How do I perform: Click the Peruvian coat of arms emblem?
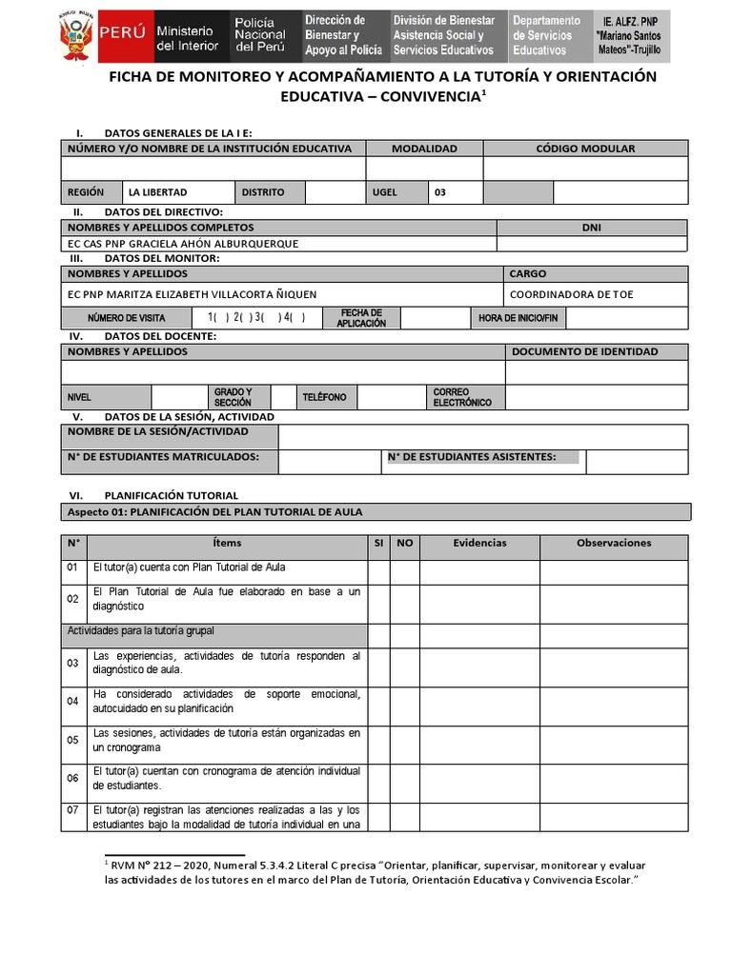[75, 35]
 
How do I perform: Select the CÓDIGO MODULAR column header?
[584, 149]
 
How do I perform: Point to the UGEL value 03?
[440, 192]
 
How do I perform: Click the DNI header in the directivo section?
[591, 228]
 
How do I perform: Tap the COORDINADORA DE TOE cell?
[571, 294]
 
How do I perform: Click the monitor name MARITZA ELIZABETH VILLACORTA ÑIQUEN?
[192, 294]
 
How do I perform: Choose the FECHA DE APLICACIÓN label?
[361, 318]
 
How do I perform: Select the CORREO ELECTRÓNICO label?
[462, 397]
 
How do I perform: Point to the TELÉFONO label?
[324, 397]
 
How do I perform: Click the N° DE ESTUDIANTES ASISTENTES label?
[472, 457]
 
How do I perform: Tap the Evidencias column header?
[479, 544]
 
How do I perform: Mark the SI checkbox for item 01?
[378, 571]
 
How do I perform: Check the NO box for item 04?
[405, 706]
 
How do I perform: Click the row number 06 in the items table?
[72, 779]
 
